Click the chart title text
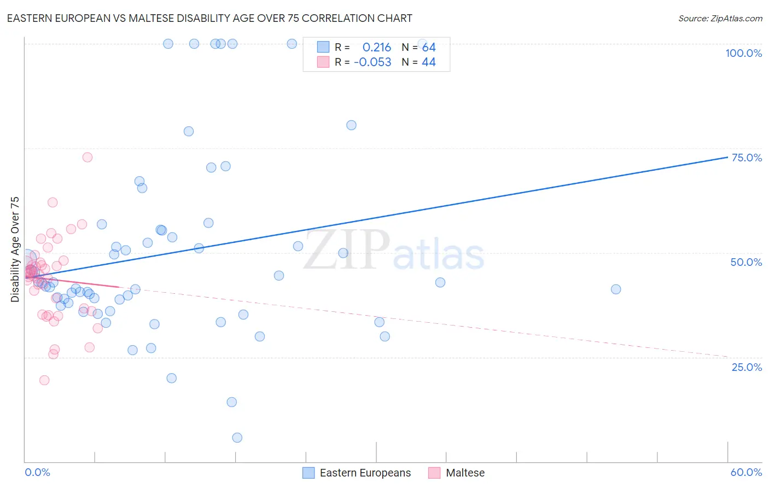[209, 18]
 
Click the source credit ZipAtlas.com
[720, 19]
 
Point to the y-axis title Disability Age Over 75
[15, 249]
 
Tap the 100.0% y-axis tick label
[743, 53]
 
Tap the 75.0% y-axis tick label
[747, 158]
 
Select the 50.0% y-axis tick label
[746, 262]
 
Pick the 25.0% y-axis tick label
[747, 367]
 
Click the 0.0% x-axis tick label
[37, 472]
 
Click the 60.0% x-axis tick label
[746, 472]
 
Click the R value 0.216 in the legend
[377, 48]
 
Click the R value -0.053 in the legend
[372, 62]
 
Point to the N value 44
[428, 62]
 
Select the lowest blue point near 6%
[237, 438]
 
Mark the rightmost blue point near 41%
[616, 289]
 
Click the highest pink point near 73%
[88, 158]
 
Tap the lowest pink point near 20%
[44, 380]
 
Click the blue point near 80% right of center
[351, 125]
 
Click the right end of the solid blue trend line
[727, 157]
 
